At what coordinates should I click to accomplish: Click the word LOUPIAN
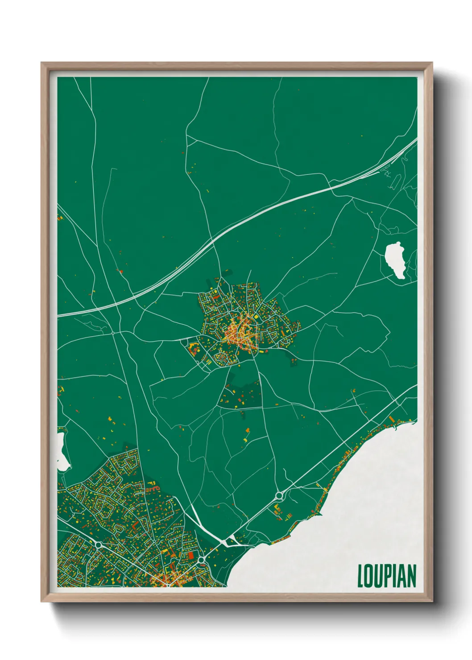pos(387,576)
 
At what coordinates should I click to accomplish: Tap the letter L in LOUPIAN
pos(360,576)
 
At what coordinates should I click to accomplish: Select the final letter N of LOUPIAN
pos(412,576)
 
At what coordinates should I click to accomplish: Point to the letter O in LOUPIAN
pos(368,576)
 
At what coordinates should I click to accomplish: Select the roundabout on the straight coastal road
pos(280,495)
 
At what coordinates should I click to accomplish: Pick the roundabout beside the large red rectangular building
pos(202,559)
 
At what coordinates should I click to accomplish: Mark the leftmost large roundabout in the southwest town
pos(98,544)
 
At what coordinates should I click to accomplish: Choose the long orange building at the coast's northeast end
pos(392,420)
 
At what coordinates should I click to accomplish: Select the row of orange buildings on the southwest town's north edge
pos(153,489)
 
